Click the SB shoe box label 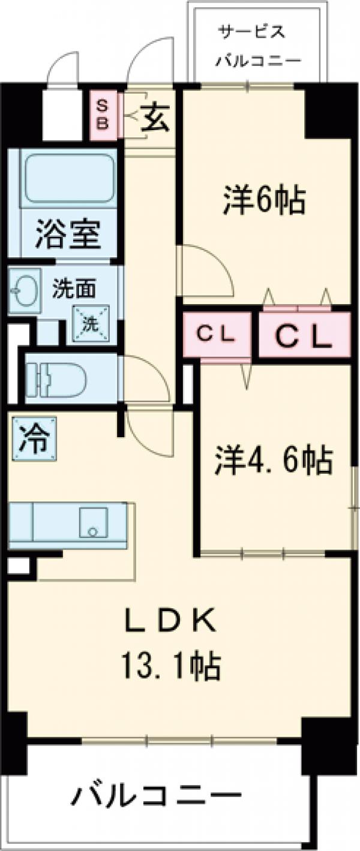tap(103, 115)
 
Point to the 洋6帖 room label tap(265, 203)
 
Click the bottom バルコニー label tap(157, 798)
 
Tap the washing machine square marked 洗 tap(89, 324)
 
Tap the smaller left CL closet tap(216, 335)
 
